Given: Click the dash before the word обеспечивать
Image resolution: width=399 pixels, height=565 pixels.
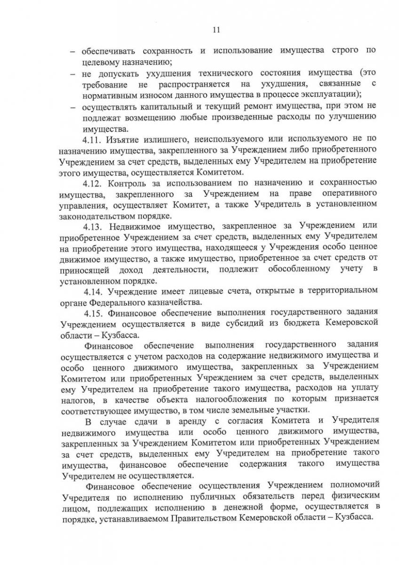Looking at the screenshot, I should (73, 50).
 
